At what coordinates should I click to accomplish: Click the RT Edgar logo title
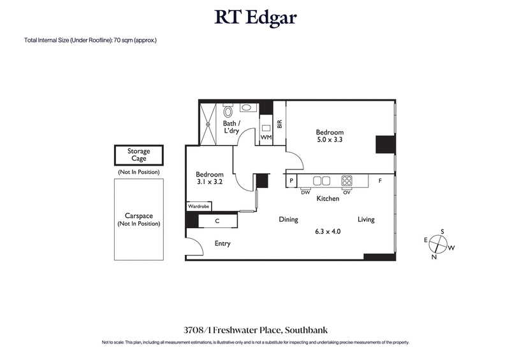pos(255,17)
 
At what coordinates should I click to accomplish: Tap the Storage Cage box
pos(138,155)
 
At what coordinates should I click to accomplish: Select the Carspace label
pos(139,216)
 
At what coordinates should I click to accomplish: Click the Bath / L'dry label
pos(231,127)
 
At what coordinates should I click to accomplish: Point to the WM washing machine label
pos(266,138)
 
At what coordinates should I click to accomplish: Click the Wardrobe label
pos(198,206)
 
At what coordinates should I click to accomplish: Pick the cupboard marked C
pos(217,221)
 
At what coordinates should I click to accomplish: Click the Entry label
pos(222,243)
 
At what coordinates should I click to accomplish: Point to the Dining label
pos(288,220)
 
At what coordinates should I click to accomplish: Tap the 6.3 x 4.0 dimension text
pos(328,232)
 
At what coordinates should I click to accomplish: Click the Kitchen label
pos(328,199)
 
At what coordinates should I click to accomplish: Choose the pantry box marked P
pos(291,181)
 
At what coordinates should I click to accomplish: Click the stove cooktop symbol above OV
pos(347,180)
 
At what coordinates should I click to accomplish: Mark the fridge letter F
pos(380,181)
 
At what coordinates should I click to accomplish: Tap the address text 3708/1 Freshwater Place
pos(255,330)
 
